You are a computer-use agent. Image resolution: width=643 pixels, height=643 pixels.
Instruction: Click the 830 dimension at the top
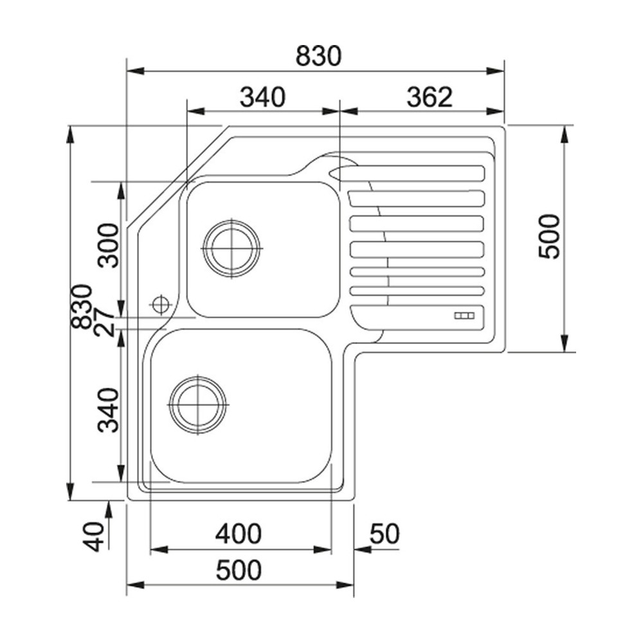pos(318,57)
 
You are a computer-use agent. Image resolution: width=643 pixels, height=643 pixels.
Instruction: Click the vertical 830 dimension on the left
pos(82,307)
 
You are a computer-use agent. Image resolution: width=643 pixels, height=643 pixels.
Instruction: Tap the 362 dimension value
pos(430,97)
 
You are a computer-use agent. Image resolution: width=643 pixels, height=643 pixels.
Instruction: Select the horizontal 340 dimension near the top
pos(262,97)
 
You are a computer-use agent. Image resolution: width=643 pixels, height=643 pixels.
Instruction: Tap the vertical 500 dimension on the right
pos(549,236)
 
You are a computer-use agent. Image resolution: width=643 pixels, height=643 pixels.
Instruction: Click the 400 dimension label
pos(239,534)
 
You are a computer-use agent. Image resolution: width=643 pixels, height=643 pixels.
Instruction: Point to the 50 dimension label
pos(385,534)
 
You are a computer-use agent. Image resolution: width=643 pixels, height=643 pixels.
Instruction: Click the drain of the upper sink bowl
pos(231,248)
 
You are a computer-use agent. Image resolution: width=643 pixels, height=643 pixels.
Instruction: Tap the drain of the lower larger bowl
pos(197,404)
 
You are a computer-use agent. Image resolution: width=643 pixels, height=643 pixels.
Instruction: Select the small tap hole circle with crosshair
pos(161,303)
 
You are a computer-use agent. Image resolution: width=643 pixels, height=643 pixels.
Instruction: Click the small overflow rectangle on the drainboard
pos(464,315)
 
